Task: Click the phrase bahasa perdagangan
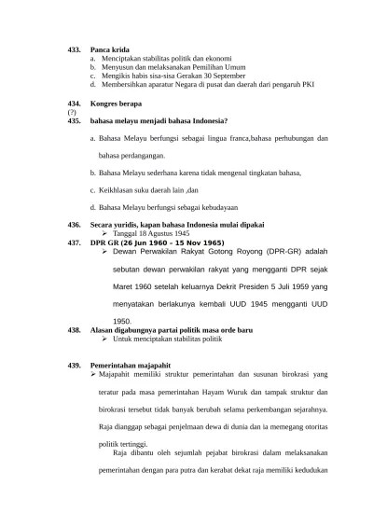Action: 131,155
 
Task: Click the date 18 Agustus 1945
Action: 137,233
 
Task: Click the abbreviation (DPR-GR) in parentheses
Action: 267,252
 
